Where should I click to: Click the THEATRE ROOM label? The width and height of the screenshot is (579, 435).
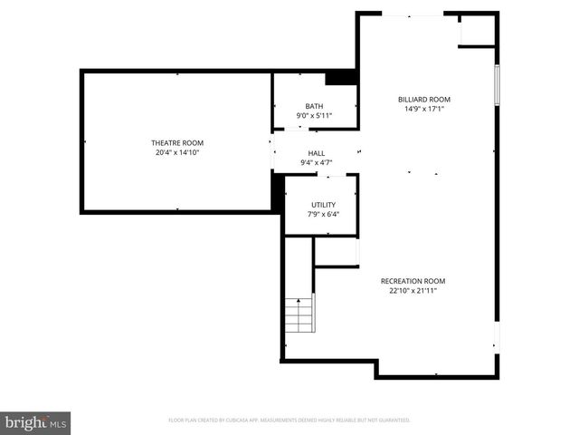click(x=176, y=143)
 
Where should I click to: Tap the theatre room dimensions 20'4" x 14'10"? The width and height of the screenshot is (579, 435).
click(x=176, y=153)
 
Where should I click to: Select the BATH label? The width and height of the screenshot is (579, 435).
click(x=314, y=107)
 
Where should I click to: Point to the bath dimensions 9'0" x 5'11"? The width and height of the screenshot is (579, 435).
click(x=314, y=116)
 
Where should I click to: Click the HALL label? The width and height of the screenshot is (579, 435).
click(x=316, y=153)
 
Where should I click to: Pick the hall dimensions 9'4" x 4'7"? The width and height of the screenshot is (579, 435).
click(x=316, y=163)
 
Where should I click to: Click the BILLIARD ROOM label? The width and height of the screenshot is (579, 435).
click(x=424, y=100)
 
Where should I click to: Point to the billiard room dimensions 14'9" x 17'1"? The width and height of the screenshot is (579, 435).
click(x=424, y=110)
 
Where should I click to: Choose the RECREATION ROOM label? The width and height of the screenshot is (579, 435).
click(x=413, y=281)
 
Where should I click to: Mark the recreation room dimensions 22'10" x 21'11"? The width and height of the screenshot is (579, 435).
click(x=413, y=291)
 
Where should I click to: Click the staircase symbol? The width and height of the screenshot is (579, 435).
click(x=299, y=314)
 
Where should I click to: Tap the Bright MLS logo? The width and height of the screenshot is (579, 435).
click(x=35, y=422)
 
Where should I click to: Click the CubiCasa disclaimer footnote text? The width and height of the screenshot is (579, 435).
click(x=289, y=420)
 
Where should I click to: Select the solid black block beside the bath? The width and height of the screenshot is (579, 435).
click(x=341, y=78)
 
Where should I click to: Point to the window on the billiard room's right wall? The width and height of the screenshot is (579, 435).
click(x=496, y=86)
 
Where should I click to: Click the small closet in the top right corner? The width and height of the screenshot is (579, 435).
click(x=477, y=30)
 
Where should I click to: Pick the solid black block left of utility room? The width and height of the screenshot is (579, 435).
click(x=278, y=191)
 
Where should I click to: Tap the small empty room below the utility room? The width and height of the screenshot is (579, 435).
click(x=337, y=252)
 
